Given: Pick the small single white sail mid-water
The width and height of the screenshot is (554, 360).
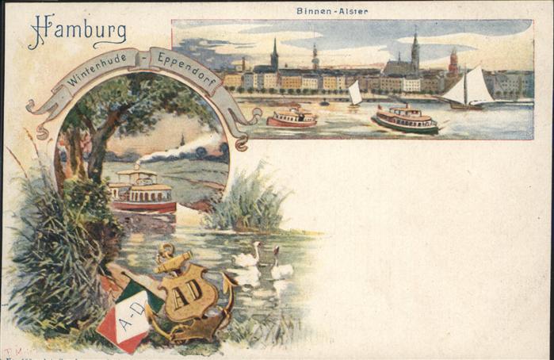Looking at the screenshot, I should coord(355,94).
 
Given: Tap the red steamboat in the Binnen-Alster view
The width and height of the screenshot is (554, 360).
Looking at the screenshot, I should coord(292,118).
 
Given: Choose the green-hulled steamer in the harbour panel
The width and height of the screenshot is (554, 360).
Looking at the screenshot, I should coord(405,119).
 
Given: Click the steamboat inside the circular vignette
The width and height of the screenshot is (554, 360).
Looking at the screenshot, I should coord(143,190).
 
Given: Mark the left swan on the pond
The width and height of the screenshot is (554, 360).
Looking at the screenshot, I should coord(246,256).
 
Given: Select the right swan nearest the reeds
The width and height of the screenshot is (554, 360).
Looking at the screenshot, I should coord(281,267).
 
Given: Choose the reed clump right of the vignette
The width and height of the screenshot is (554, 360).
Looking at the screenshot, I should coord(247,201).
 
